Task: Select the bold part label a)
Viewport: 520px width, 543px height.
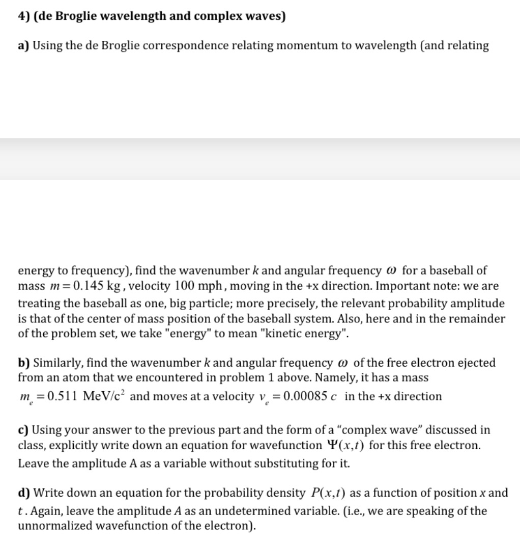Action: (23, 46)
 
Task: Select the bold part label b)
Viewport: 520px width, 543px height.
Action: (24, 363)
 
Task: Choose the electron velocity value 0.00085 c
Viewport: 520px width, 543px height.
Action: (306, 396)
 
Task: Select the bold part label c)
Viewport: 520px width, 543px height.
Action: (23, 430)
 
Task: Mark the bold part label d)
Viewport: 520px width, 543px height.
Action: (24, 493)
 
